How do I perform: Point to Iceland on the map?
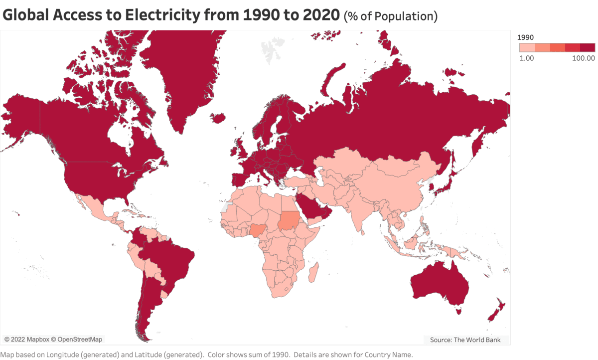click(x=218, y=118)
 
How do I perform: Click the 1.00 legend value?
click(x=527, y=58)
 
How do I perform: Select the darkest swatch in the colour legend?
click(x=588, y=47)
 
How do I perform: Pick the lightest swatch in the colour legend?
click(x=527, y=47)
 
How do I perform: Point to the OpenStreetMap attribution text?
click(x=80, y=340)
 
